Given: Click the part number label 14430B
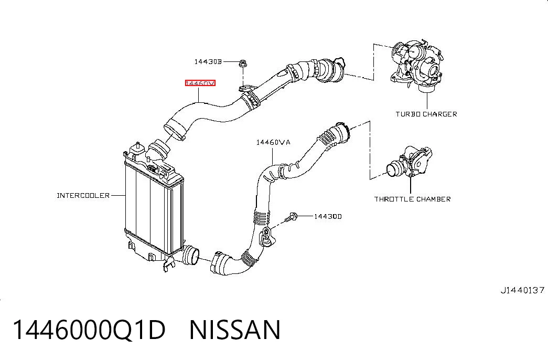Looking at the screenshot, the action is [208, 61].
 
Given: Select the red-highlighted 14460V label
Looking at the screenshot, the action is [200, 83].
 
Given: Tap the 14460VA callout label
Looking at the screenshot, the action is [273, 142].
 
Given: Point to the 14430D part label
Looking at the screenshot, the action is [328, 216].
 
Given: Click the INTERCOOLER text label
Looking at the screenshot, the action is [83, 195].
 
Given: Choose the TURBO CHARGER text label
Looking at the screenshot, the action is [426, 114].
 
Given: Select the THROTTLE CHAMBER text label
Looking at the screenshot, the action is [412, 199].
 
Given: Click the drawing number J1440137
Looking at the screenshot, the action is [522, 290].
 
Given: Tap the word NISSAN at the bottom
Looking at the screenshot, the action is [234, 330].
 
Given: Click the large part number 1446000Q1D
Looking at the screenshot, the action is [89, 330].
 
